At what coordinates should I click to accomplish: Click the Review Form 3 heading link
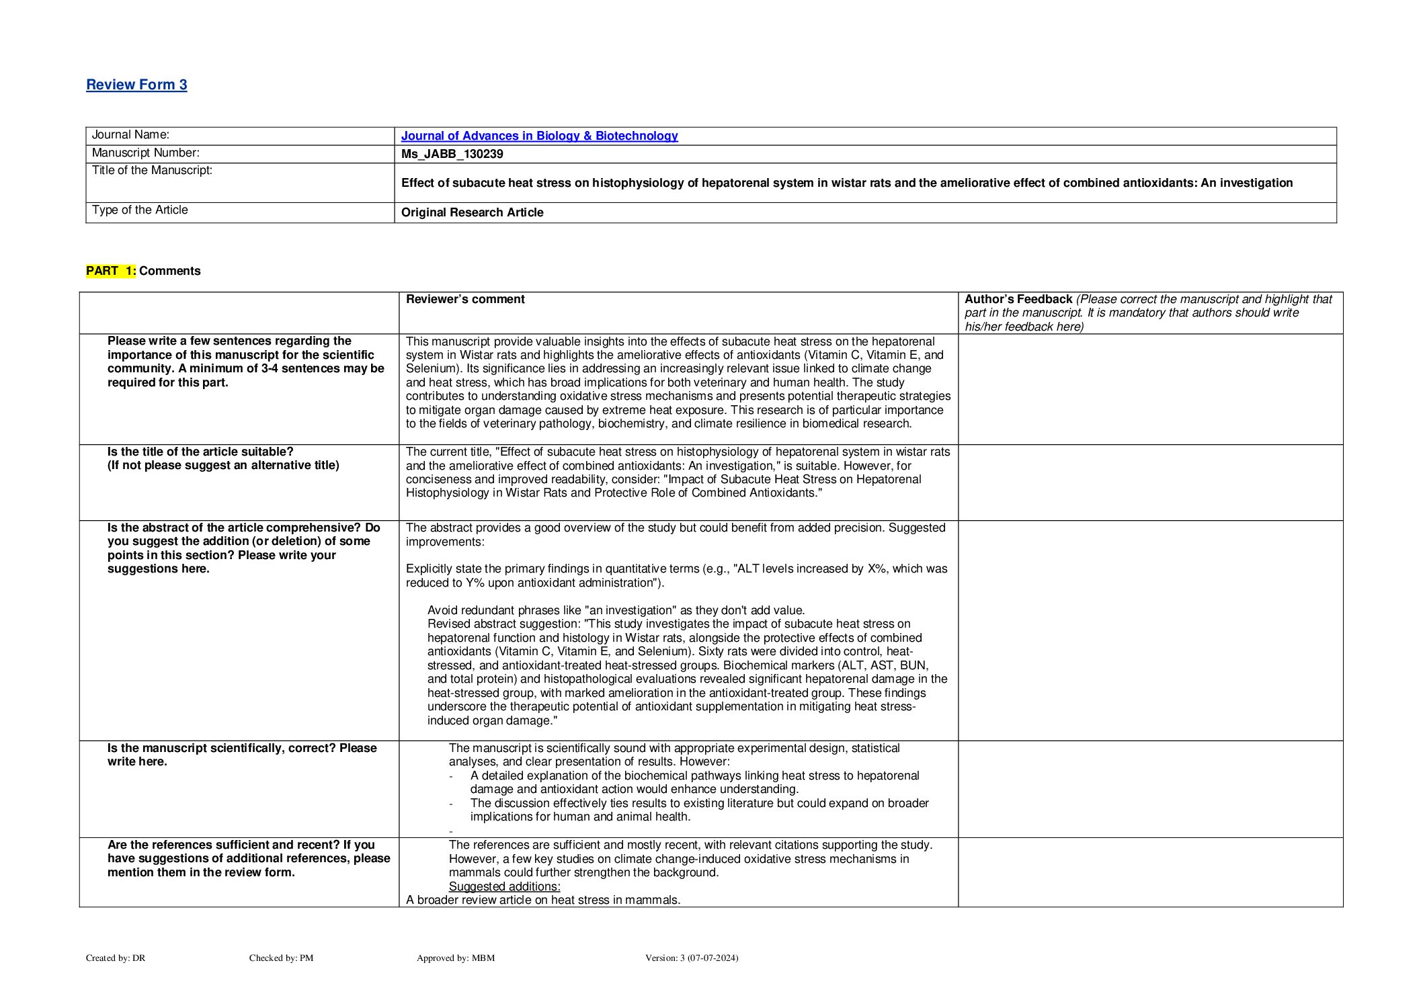point(136,85)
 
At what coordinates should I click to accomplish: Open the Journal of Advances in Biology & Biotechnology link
point(539,136)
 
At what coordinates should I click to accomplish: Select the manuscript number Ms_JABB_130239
point(452,154)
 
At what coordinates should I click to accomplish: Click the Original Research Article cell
point(472,212)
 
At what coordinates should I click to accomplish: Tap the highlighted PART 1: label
point(111,271)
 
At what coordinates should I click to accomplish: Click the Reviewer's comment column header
point(465,299)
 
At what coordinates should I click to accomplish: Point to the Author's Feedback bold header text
point(1018,299)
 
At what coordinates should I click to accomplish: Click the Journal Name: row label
point(130,135)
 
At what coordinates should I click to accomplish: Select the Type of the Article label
point(140,210)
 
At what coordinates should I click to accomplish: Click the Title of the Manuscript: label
point(152,170)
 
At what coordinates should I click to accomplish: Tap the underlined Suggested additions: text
point(504,886)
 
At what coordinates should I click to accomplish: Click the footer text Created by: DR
point(116,958)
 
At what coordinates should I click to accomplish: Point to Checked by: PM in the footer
point(281,958)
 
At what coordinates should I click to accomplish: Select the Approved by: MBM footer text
point(455,958)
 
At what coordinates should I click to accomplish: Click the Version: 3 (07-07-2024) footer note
point(691,958)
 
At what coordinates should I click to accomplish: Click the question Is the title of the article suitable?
point(200,452)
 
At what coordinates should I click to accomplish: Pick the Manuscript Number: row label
point(145,153)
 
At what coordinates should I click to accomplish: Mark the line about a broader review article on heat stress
point(543,900)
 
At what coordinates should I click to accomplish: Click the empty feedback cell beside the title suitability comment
point(1149,482)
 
